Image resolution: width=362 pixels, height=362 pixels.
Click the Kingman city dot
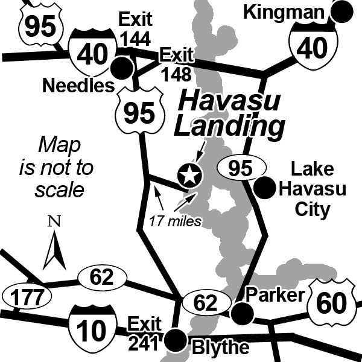tap(343, 11)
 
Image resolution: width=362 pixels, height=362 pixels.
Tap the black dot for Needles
tap(124, 66)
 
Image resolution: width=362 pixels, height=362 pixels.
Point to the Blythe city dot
tap(176, 340)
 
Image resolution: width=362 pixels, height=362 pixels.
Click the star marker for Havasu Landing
tap(189, 176)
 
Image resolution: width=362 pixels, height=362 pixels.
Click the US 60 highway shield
tap(331, 303)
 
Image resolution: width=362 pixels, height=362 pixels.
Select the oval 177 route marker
tap(28, 297)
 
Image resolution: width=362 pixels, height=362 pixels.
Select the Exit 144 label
tap(135, 28)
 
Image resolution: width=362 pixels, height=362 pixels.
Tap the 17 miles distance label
tap(176, 221)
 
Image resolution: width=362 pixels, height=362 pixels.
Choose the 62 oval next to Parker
tap(206, 303)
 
